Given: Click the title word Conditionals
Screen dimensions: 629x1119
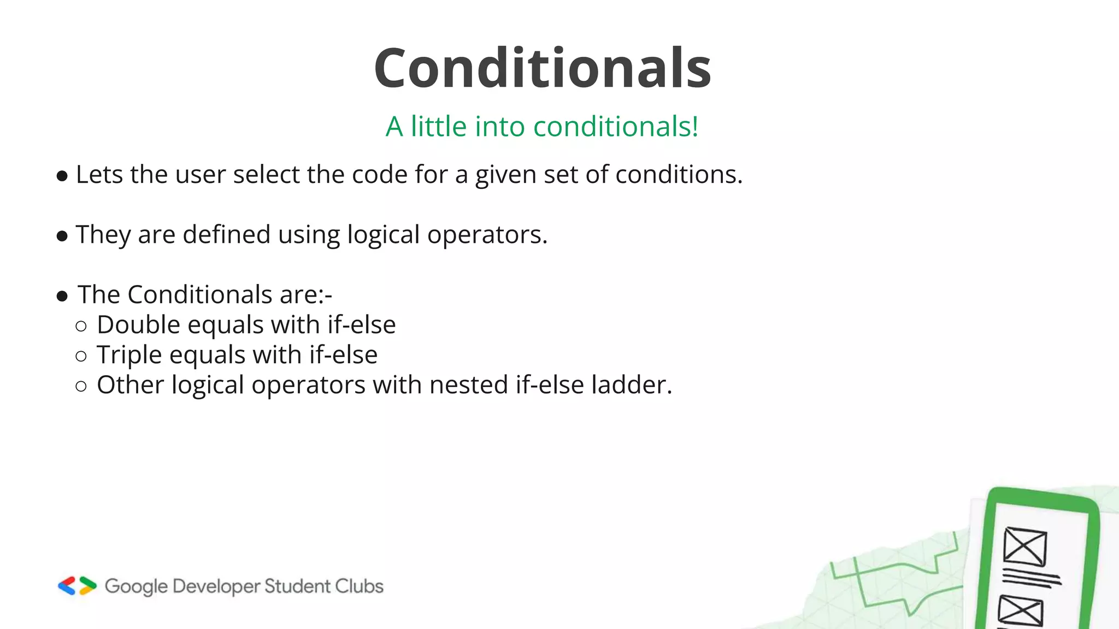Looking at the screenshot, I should point(542,68).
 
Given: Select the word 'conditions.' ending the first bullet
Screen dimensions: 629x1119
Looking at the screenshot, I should point(679,175).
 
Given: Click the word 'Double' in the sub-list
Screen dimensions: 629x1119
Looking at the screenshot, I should point(138,325).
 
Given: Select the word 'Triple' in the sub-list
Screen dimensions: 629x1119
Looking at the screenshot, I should point(129,355).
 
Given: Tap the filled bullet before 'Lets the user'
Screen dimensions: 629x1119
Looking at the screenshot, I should point(62,176).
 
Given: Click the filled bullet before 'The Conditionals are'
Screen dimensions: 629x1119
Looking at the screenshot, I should point(62,296).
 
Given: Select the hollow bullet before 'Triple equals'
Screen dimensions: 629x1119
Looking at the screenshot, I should point(81,357).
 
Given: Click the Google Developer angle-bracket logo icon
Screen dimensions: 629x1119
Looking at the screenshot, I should point(77,586).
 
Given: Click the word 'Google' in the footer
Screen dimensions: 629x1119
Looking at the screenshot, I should point(136,586).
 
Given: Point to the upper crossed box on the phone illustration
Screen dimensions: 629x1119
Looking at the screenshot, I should point(1025,547).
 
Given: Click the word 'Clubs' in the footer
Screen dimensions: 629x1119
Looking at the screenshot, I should point(359,586).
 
